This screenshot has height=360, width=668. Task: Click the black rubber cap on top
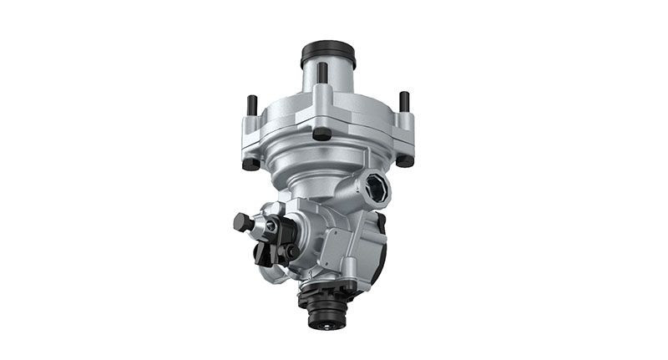pos(328,52)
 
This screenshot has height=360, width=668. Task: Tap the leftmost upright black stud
pos(251,107)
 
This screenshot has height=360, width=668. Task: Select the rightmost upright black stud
pos(404,103)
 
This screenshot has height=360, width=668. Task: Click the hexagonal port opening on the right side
pos(375,190)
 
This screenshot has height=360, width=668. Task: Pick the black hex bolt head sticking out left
pos(243,223)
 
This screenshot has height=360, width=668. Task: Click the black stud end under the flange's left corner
pos(250,164)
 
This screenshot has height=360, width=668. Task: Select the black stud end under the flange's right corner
pos(404,160)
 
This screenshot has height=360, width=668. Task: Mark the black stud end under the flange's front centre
pos(321,133)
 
